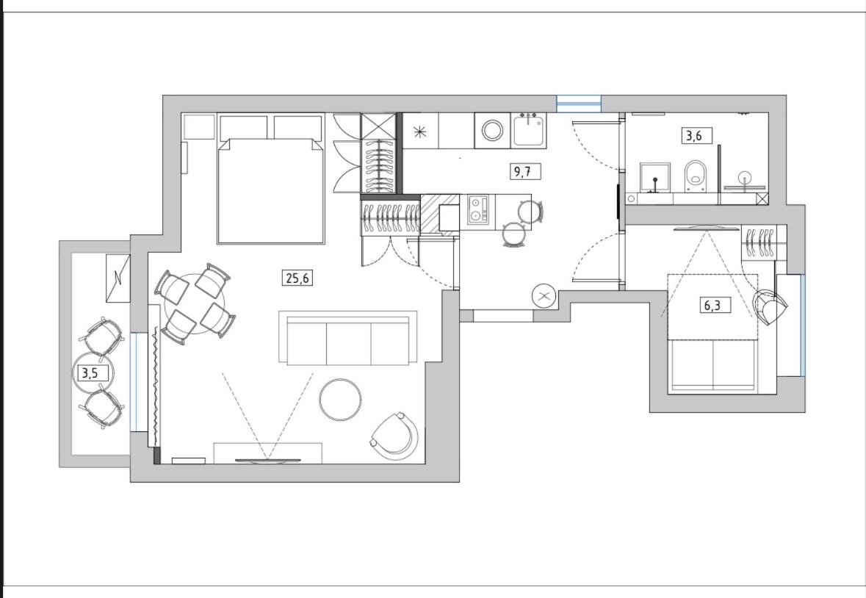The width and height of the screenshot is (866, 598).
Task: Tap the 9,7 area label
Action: pyautogui.click(x=523, y=172)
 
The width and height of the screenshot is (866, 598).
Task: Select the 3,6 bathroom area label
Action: pyautogui.click(x=694, y=135)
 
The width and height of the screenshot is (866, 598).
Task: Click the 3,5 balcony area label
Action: pyautogui.click(x=90, y=373)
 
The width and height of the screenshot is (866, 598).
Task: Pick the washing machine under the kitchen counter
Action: pyautogui.click(x=492, y=131)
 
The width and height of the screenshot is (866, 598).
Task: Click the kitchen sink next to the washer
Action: pyautogui.click(x=528, y=130)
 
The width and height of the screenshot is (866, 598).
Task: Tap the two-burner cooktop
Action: pyautogui.click(x=478, y=210)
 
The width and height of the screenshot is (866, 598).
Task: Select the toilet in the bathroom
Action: pyautogui.click(x=695, y=177)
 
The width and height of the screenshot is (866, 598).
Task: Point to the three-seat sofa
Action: pyautogui.click(x=348, y=339)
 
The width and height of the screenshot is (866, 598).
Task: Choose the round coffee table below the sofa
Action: pyautogui.click(x=340, y=399)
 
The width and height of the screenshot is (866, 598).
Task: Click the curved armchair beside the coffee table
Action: pyautogui.click(x=394, y=434)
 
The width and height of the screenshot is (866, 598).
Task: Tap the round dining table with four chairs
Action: pyautogui.click(x=195, y=303)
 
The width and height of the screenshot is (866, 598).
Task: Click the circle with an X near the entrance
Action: pyautogui.click(x=544, y=296)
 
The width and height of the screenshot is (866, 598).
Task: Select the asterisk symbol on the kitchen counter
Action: pyautogui.click(x=420, y=132)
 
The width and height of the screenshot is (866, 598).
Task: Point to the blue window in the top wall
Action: pyautogui.click(x=578, y=104)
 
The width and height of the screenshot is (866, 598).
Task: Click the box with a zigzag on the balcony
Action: pyautogui.click(x=118, y=278)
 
